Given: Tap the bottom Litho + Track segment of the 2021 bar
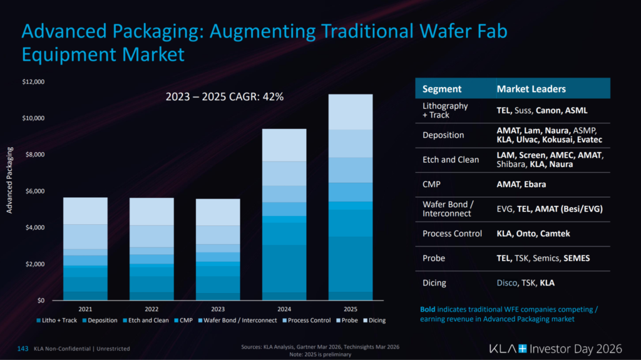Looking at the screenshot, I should coord(85,296).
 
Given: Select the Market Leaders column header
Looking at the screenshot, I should coord(531,89).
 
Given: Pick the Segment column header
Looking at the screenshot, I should coord(442,89).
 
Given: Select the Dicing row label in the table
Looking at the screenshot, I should coord(434,282).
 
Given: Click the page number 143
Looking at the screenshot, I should coord(23,348).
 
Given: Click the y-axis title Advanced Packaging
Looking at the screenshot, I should coord(9,180).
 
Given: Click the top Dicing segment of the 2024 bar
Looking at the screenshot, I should coord(284,145).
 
